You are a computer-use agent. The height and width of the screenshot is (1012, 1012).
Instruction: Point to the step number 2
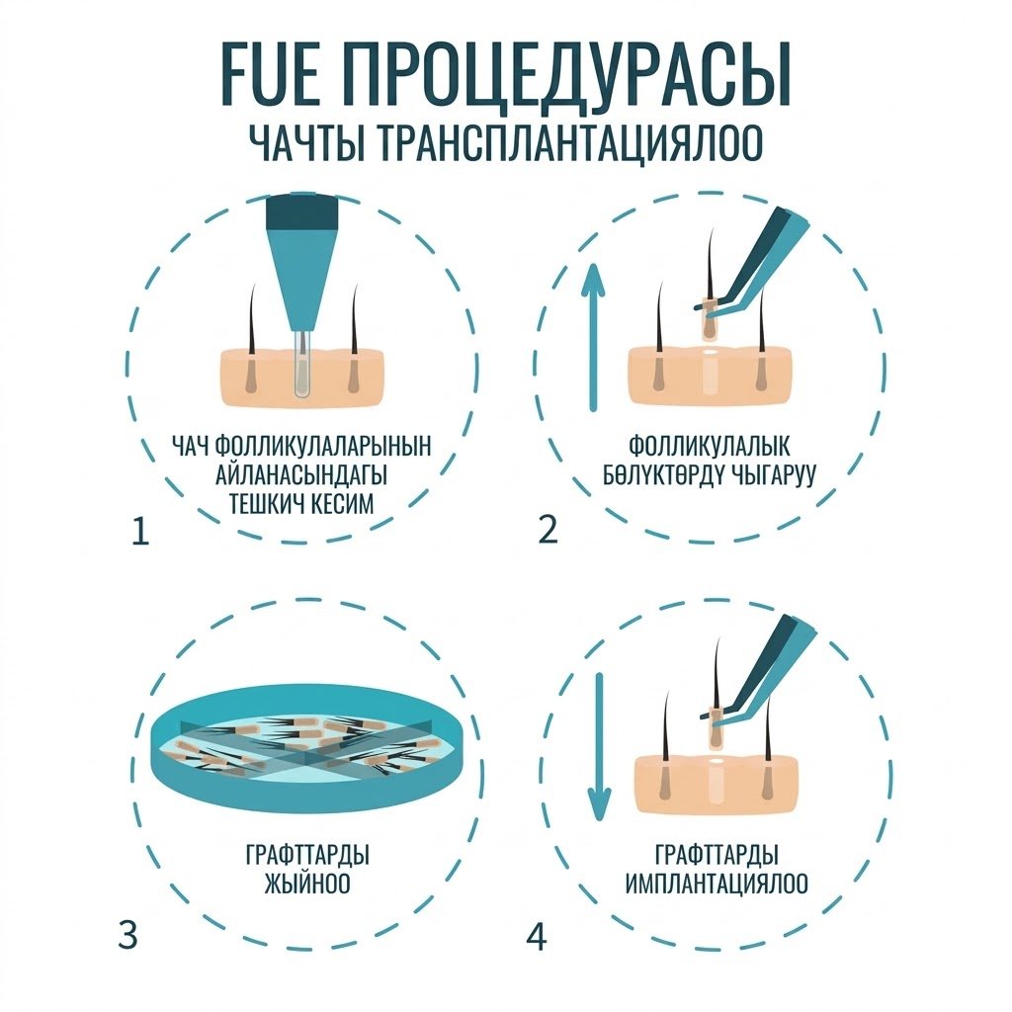(548, 530)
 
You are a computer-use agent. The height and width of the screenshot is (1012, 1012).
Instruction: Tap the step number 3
(127, 935)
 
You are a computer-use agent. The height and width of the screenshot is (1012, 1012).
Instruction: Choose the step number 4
(537, 937)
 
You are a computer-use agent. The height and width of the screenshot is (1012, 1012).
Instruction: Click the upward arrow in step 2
(593, 337)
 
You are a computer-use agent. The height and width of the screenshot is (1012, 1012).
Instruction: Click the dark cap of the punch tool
(303, 211)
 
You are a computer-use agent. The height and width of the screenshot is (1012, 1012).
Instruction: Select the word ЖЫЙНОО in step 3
(307, 883)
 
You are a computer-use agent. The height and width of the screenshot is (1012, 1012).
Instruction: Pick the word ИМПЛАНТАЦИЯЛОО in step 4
(717, 883)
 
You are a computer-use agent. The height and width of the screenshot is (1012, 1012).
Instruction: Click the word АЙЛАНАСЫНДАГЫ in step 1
(301, 474)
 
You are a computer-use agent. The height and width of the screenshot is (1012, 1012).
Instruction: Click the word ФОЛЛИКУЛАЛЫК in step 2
(710, 446)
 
